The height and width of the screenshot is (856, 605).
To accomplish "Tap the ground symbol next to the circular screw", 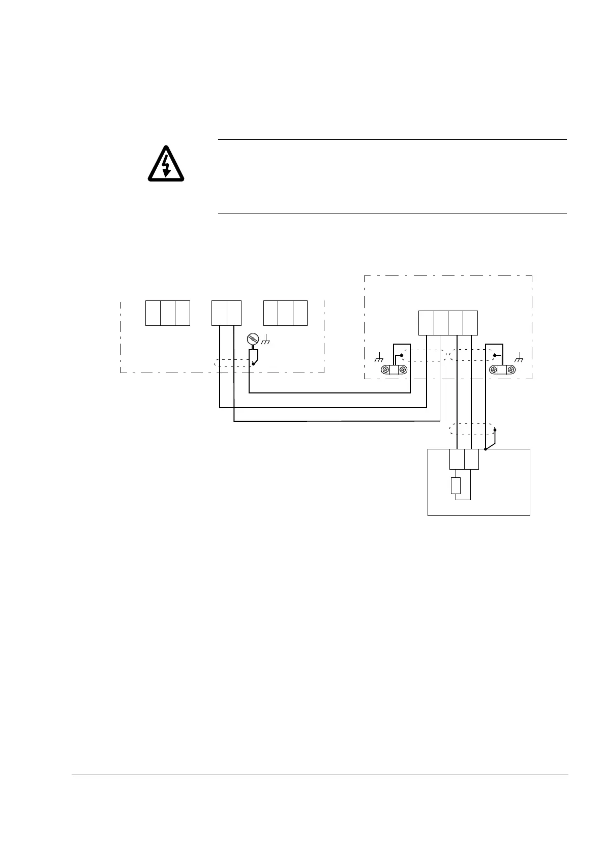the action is [x=265, y=340].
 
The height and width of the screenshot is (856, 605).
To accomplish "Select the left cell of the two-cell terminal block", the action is [x=219, y=313].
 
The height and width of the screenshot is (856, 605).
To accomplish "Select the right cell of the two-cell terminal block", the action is [x=234, y=313].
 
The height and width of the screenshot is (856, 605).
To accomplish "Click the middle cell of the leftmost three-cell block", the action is [x=168, y=313].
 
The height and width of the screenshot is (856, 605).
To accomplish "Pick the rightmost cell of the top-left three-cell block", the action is [x=183, y=313].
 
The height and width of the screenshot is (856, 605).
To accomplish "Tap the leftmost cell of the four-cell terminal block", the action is [x=426, y=323].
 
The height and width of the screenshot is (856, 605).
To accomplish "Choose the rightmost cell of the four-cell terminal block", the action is [x=470, y=323].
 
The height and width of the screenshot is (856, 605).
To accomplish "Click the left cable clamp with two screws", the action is [x=395, y=370].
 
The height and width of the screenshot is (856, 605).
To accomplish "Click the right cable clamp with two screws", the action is [x=501, y=370].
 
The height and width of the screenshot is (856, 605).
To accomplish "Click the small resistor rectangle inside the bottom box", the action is [x=456, y=486].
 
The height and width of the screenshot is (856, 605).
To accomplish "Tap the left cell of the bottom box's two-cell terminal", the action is [x=457, y=461].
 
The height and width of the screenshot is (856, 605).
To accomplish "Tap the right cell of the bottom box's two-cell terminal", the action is [x=471, y=461].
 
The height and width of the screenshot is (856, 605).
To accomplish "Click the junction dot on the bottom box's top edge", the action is [x=486, y=449].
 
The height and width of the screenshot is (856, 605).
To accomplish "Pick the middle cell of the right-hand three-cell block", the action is [x=285, y=313].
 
